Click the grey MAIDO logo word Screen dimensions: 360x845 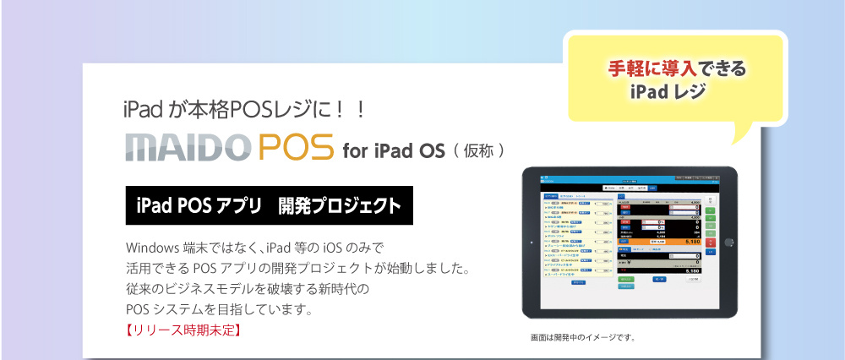[x=186, y=146]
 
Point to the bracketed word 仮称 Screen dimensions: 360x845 [x=478, y=152]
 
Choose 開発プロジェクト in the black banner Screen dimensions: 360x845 [x=339, y=205]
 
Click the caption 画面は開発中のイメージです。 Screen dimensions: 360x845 [x=582, y=339]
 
